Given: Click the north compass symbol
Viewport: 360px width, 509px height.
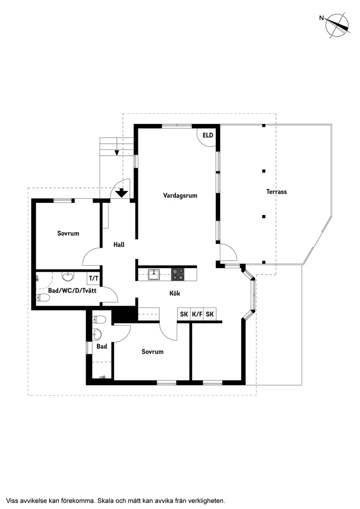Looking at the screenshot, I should [337, 25].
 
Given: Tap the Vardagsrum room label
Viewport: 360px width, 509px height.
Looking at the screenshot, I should [180, 195].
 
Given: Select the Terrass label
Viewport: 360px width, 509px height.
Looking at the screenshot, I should [277, 191].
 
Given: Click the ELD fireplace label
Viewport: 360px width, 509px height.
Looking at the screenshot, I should [208, 135].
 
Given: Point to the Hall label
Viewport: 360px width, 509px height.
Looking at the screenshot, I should [119, 245].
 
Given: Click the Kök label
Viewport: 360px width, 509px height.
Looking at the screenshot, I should [175, 294].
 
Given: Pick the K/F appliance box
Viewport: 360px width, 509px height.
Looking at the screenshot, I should [197, 314].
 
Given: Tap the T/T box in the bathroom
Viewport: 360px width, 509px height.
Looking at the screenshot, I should [93, 278].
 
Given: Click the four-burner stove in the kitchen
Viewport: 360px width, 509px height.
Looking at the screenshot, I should [178, 274].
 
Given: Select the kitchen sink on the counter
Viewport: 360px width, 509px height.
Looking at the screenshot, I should [154, 274].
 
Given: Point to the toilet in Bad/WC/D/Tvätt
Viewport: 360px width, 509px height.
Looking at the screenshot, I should [44, 298].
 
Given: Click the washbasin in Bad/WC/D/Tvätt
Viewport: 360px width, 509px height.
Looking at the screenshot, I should [68, 277].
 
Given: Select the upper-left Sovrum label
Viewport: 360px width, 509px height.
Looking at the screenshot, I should [68, 233].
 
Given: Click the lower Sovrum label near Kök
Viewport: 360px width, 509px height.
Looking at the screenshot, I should [152, 352].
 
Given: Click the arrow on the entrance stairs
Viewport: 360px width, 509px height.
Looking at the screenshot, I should [117, 152].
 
